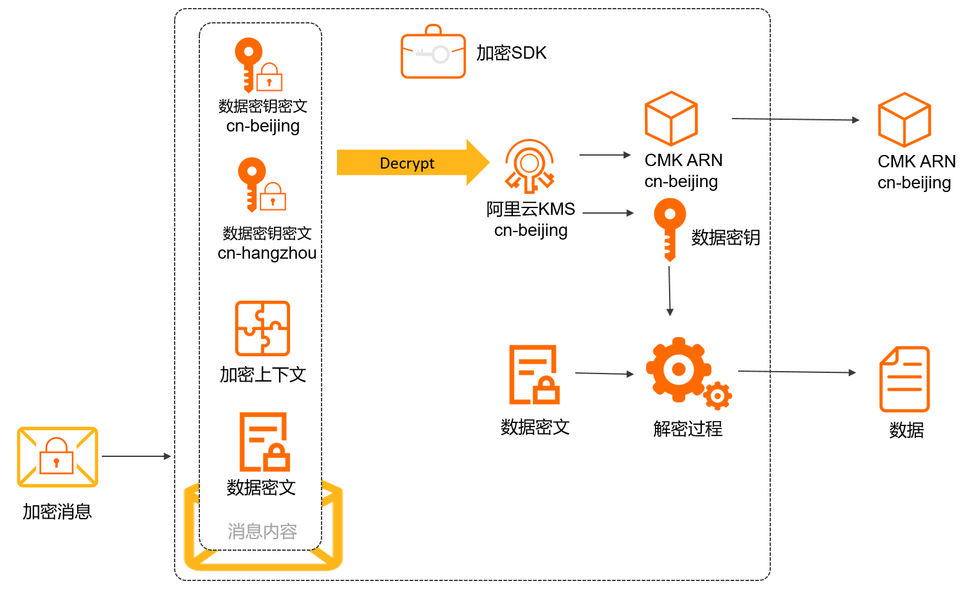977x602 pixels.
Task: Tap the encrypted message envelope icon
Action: coord(57,457)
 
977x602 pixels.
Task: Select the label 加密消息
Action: coord(57,511)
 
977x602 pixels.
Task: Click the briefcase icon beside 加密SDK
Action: coord(433,53)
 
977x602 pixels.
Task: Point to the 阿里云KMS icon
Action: coord(530,166)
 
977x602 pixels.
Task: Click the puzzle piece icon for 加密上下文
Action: coord(262,328)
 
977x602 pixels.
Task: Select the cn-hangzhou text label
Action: coord(267,253)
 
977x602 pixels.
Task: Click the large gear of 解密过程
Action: coord(678,369)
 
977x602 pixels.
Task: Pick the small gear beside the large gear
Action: coord(717,396)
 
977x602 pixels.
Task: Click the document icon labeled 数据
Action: coord(904,379)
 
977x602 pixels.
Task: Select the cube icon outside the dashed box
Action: coord(904,120)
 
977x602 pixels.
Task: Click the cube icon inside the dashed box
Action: coord(671,119)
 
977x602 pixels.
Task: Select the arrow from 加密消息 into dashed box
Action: coord(136,456)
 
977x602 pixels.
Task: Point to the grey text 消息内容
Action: coord(262,531)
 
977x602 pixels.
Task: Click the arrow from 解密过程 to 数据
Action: coord(796,372)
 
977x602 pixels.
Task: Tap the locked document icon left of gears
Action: coord(534,375)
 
